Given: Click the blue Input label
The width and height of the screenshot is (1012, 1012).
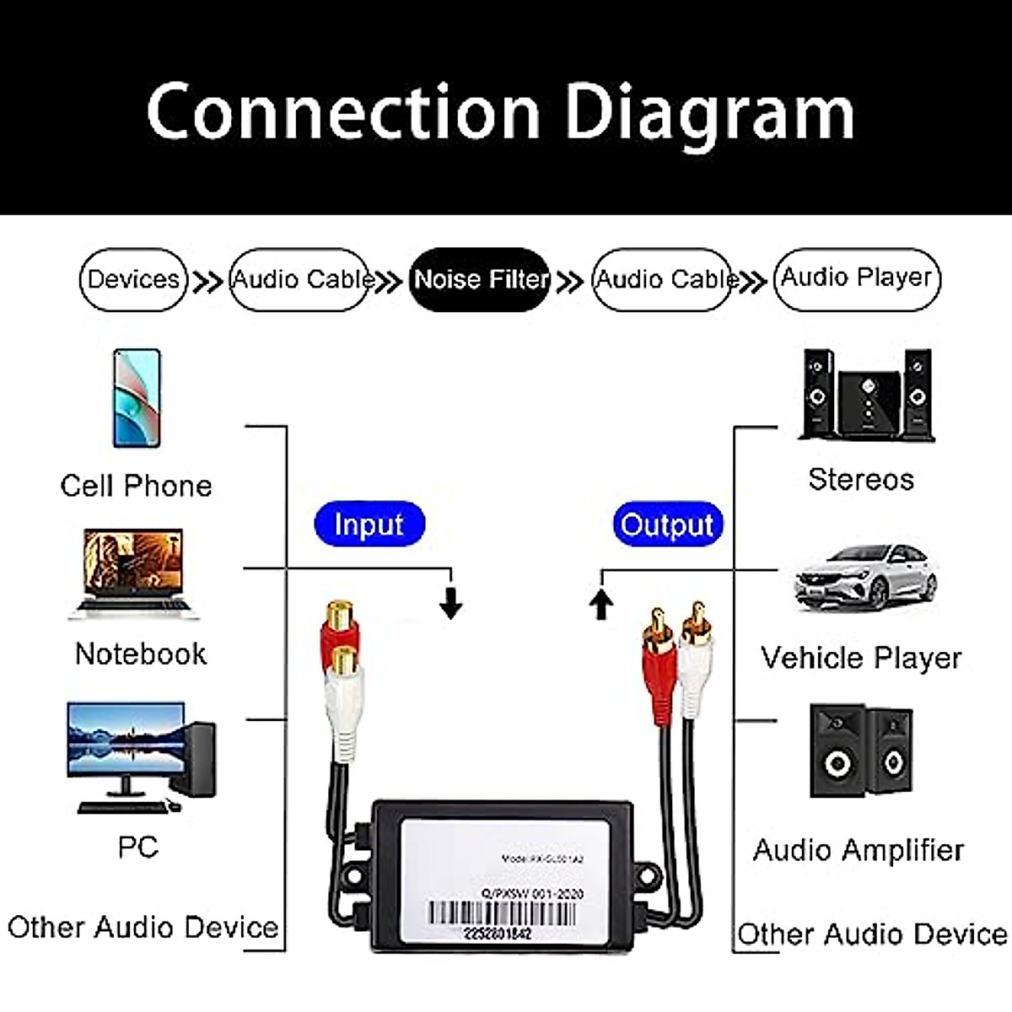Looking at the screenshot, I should point(369,525).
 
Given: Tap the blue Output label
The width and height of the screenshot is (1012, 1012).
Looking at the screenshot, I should point(667,525).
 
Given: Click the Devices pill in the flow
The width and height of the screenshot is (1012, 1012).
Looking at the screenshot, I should point(133,279).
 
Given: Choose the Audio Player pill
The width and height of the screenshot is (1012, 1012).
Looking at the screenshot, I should point(856,278).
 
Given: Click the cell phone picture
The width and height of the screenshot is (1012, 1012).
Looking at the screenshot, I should point(137,397).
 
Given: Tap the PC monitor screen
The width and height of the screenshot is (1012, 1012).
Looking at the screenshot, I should point(126,739).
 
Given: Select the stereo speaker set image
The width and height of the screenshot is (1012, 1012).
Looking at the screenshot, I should point(865,395).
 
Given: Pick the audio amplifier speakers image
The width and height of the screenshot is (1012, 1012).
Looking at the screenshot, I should point(860,750).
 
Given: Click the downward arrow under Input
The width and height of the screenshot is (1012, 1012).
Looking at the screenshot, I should point(451,602).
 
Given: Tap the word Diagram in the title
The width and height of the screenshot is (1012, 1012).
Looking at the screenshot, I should point(708,112).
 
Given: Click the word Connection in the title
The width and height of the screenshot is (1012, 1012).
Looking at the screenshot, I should point(343,112).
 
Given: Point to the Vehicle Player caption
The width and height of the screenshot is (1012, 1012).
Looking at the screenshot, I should point(861,658).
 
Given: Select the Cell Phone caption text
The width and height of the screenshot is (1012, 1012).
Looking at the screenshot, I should point(136,486).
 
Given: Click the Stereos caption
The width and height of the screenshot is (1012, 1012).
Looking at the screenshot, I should point(861,479).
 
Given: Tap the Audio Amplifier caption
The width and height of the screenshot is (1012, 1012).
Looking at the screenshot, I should point(859,850).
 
